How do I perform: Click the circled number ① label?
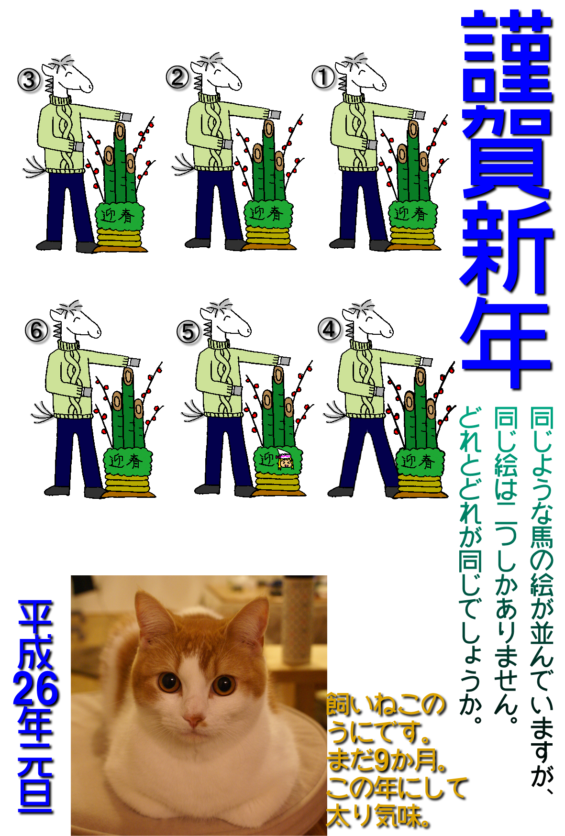point(323,77)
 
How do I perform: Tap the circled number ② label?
point(177,77)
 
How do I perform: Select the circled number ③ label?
point(29,80)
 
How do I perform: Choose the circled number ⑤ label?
point(188,332)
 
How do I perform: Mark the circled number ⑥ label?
point(37,331)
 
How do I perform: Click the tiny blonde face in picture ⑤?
point(285,460)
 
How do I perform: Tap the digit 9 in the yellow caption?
point(382,761)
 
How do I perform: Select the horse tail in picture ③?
point(35,167)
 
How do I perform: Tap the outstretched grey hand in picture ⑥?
point(133,362)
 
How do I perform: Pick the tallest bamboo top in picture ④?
point(421,376)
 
